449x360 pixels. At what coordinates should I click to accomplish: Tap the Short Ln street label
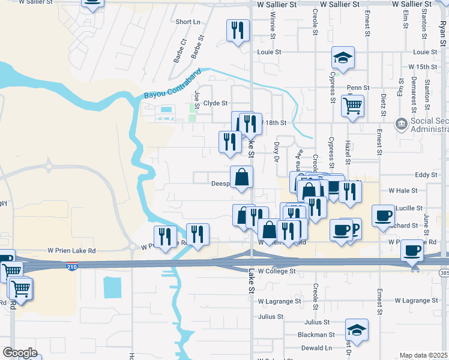coord(188,22)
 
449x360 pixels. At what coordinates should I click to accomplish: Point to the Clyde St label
coord(216,103)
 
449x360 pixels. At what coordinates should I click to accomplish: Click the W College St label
coord(278,271)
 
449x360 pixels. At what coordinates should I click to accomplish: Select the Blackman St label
coord(318,335)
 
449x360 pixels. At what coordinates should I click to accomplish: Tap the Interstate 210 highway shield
coord(72,266)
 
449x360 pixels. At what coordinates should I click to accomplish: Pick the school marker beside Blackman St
coord(357,329)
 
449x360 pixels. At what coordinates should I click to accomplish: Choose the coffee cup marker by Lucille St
coord(383,215)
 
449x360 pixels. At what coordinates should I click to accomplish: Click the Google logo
coord(20,353)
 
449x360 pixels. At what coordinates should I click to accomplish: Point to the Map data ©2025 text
coord(423,356)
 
